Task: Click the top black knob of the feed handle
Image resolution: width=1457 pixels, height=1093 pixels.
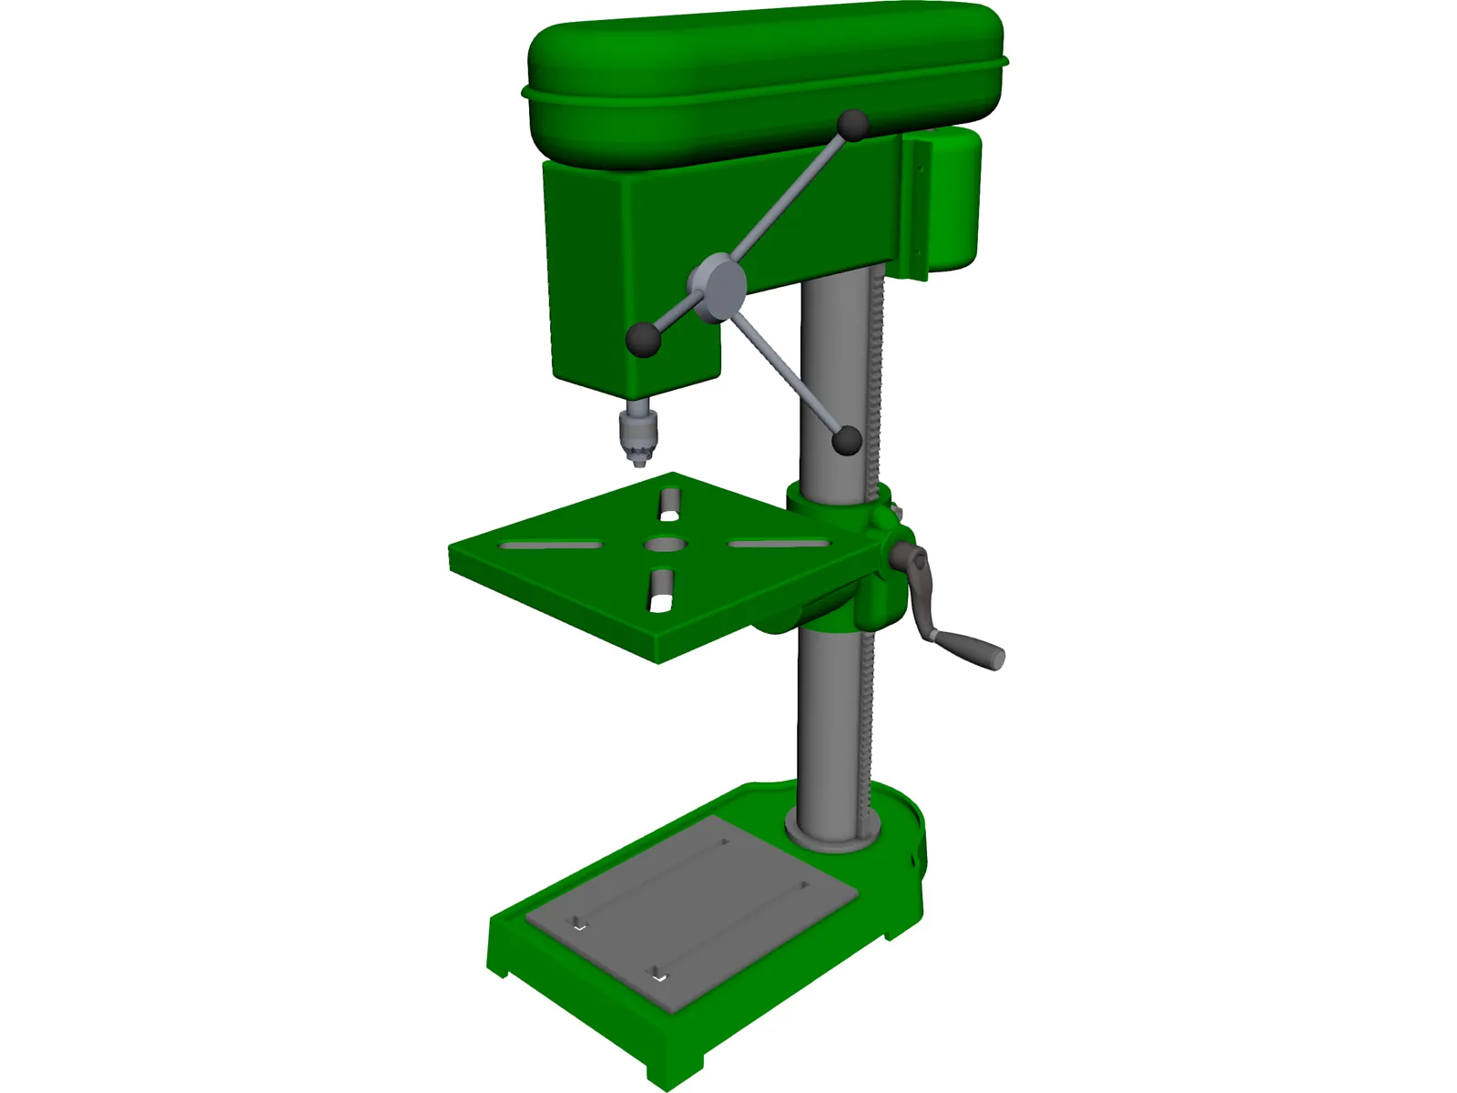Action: tap(853, 126)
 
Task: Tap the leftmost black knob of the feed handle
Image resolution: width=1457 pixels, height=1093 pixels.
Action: tap(643, 340)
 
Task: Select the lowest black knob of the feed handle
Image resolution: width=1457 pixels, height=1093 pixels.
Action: tap(847, 441)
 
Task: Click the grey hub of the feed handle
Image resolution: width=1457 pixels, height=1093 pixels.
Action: tap(720, 286)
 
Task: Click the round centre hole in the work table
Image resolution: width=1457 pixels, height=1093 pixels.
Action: tap(666, 545)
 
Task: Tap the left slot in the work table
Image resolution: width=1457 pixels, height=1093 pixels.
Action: tap(549, 546)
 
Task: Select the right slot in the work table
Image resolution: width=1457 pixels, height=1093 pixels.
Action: tap(779, 544)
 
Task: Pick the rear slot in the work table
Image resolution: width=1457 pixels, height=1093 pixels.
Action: tap(669, 503)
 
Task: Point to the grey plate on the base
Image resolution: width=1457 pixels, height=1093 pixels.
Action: tap(692, 911)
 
